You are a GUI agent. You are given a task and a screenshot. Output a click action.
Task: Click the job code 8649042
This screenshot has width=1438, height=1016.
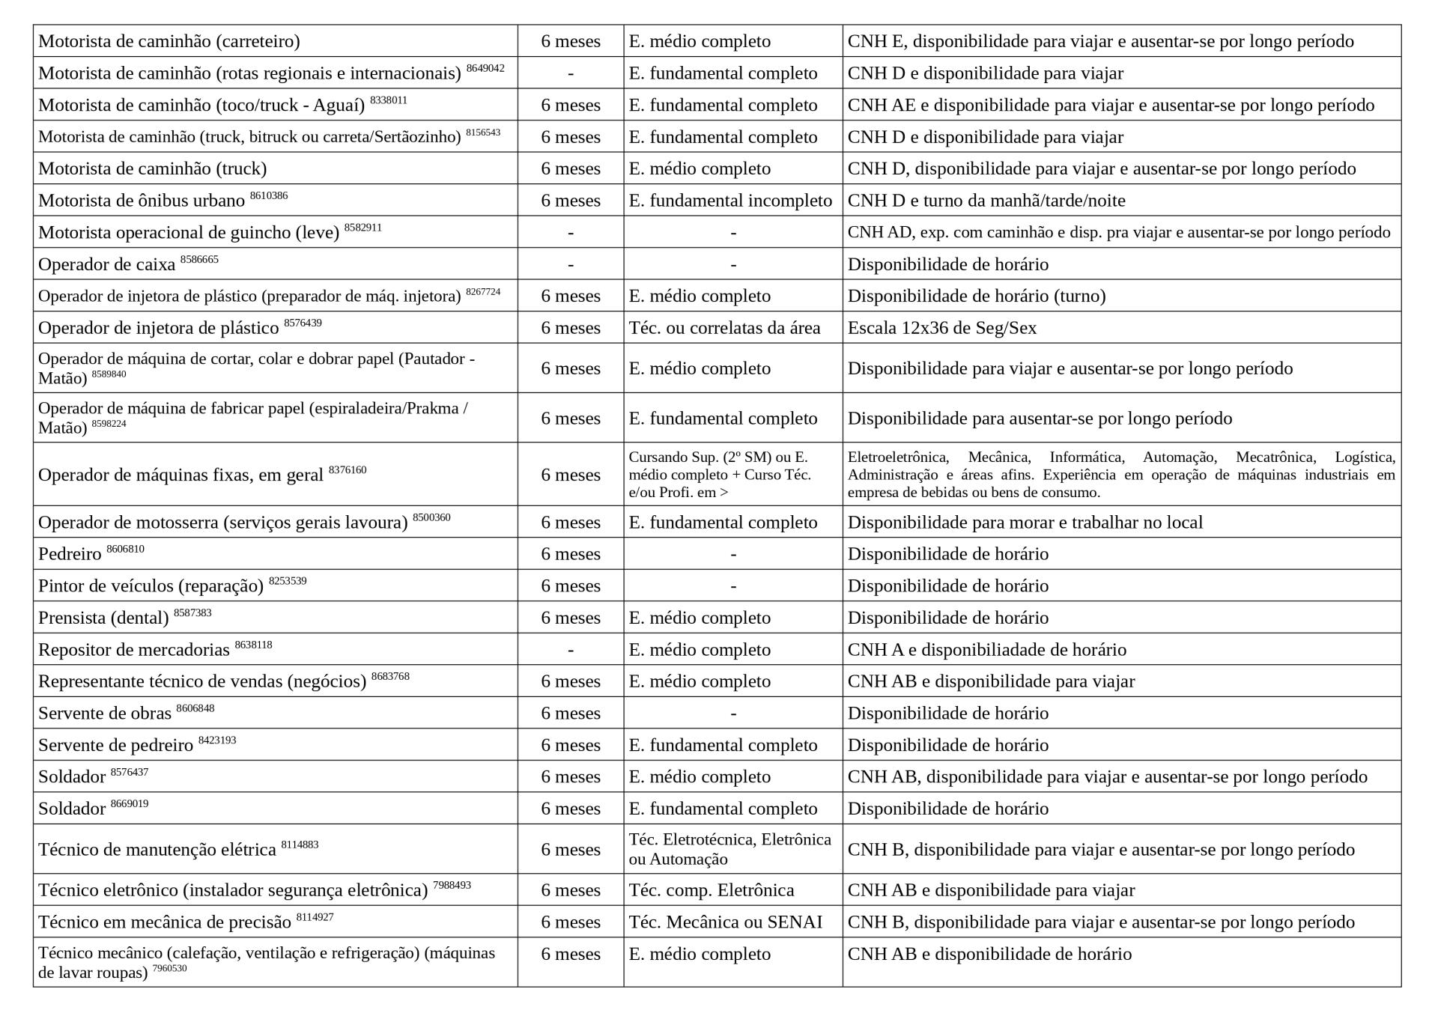coord(485,68)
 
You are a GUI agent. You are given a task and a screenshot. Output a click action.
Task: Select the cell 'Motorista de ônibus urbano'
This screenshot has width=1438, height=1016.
coord(142,201)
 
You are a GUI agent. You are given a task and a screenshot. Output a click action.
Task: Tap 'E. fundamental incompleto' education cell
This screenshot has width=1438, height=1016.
coord(730,201)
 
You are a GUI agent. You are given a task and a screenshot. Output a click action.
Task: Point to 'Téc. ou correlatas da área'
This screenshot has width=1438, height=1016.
coord(724,328)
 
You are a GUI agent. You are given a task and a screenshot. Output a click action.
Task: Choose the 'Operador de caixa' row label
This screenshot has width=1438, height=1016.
coord(106,264)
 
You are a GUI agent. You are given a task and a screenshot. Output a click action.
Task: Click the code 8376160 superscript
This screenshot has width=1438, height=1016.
coord(348,470)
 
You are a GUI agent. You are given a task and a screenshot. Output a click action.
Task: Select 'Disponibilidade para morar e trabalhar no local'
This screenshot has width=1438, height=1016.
coord(1025,522)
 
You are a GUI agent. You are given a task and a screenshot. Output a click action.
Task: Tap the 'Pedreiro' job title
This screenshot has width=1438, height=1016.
coord(70,554)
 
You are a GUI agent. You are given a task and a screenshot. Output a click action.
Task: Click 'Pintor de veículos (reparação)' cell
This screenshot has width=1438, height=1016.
coord(151,585)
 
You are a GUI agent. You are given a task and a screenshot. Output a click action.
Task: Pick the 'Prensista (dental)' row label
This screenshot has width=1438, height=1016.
coord(103,618)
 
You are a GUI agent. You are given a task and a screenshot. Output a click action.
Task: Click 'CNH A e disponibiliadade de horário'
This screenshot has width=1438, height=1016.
coord(986,649)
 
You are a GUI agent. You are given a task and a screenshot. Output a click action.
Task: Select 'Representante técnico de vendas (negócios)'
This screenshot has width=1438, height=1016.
coord(202,681)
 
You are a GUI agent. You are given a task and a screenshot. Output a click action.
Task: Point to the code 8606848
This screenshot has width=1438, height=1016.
coord(195,708)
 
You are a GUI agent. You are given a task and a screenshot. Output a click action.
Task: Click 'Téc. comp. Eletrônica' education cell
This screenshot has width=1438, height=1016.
coord(711,889)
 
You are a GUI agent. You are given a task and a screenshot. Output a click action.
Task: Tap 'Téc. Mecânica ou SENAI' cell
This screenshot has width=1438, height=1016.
coord(725,922)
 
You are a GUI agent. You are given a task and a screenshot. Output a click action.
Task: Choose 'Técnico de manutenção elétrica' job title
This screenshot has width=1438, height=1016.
coord(157,850)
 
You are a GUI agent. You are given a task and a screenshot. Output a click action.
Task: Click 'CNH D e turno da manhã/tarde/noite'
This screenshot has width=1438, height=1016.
coord(986,201)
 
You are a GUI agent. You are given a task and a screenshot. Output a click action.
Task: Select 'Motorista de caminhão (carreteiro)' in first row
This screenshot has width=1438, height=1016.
coord(169,41)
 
